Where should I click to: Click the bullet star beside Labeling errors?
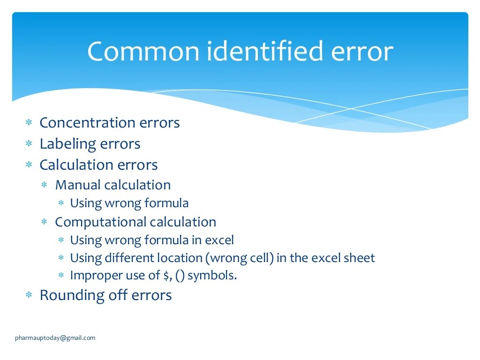tap(29, 144)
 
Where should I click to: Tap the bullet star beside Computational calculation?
tap(45, 222)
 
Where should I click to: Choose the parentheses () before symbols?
tap(180, 276)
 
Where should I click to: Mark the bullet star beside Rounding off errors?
tap(29, 295)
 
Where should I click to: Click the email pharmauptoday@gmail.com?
tap(55, 337)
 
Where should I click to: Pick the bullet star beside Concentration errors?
tap(29, 123)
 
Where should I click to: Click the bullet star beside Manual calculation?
tap(45, 185)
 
